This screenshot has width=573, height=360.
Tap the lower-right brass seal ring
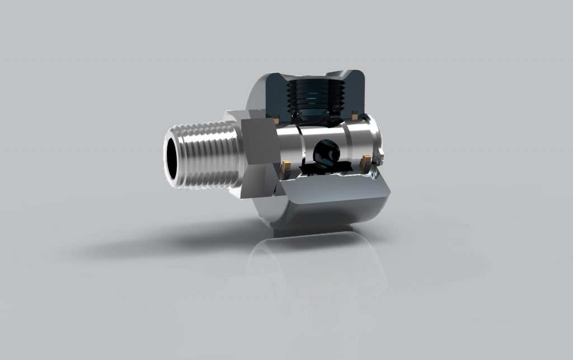coord(367,160)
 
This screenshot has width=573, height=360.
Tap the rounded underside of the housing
coord(330,216)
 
